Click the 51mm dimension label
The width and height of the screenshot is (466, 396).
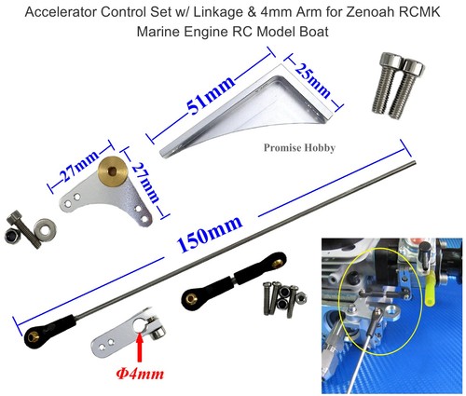pyautogui.click(x=210, y=95)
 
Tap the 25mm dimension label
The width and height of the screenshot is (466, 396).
pyautogui.click(x=312, y=80)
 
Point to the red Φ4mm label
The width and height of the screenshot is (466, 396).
pyautogui.click(x=140, y=374)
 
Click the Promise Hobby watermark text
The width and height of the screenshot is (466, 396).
pyautogui.click(x=299, y=147)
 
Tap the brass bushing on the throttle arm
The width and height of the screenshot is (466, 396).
pyautogui.click(x=110, y=171)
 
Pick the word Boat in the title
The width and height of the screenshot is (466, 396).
pyautogui.click(x=314, y=32)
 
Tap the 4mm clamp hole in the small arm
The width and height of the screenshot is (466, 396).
pyautogui.click(x=138, y=326)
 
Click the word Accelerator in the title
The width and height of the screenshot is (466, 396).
pyautogui.click(x=61, y=12)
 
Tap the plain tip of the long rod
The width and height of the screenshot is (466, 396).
pyautogui.click(x=415, y=162)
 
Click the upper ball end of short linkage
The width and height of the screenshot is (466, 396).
pyautogui.click(x=275, y=262)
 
